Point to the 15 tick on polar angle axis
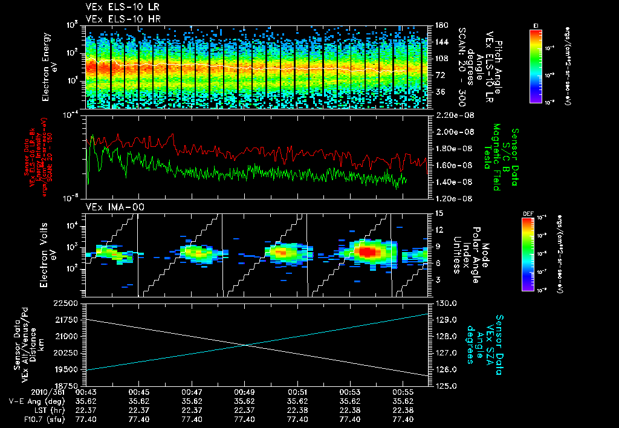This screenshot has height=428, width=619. click(x=438, y=213)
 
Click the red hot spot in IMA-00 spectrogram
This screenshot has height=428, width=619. click(x=366, y=250)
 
